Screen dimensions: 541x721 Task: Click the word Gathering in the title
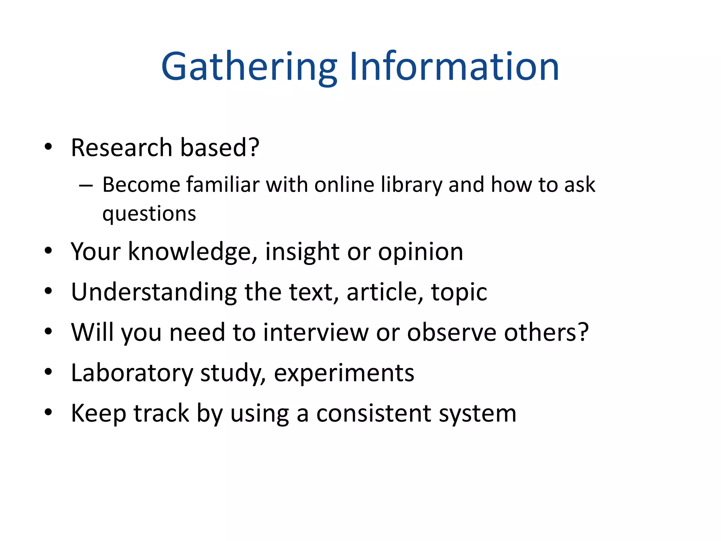coord(249,67)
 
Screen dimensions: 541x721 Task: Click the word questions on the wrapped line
coord(149,214)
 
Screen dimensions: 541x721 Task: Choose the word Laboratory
coord(132,373)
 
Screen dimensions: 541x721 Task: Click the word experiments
coord(344,373)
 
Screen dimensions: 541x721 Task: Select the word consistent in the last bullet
coord(374,413)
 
